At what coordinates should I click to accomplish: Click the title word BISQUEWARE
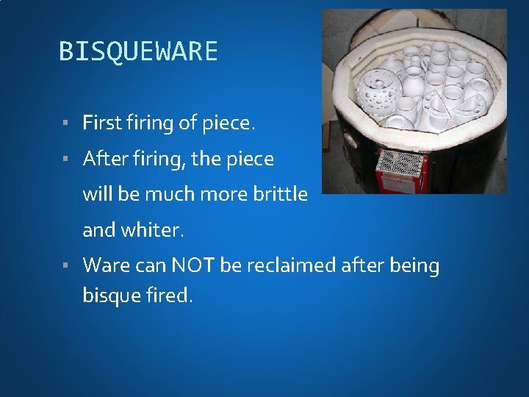click(x=138, y=51)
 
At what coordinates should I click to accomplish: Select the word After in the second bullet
click(x=107, y=159)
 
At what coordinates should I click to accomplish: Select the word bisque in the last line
click(x=114, y=296)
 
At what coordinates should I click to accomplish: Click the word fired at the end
click(x=171, y=296)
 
